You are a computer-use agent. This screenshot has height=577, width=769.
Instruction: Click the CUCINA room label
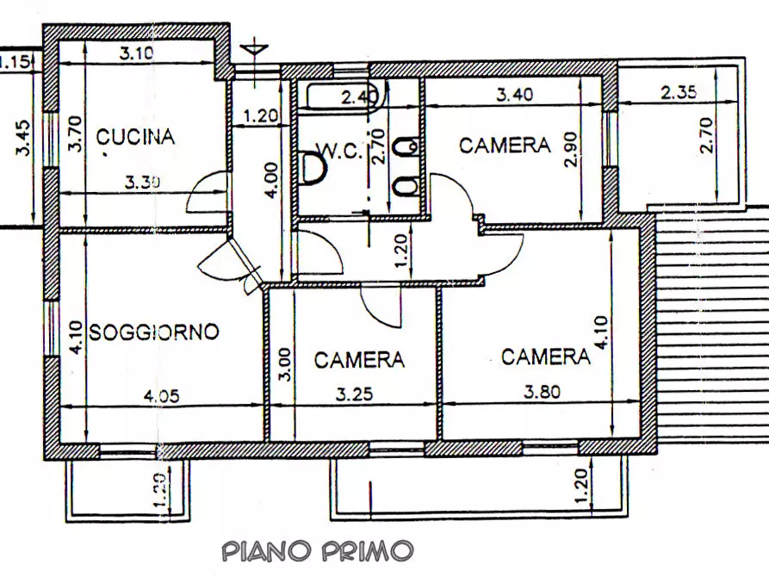(x=135, y=136)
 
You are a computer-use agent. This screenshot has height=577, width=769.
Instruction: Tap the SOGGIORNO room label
(x=155, y=332)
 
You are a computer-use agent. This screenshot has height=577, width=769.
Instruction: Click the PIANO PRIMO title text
(x=318, y=550)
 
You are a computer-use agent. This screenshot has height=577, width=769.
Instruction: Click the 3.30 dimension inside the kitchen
(x=143, y=182)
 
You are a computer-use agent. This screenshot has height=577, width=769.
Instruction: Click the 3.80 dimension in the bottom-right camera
(x=542, y=392)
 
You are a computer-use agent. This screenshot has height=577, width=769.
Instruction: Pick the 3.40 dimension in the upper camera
(x=515, y=95)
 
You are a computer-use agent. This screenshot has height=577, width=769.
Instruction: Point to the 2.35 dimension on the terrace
(x=679, y=91)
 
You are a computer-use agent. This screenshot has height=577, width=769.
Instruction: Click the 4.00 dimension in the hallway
(x=270, y=182)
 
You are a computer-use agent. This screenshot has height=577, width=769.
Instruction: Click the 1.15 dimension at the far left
(x=15, y=61)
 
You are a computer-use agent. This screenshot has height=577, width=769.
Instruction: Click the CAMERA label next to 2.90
(x=504, y=145)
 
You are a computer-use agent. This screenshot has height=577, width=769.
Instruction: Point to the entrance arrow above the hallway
(x=254, y=47)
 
